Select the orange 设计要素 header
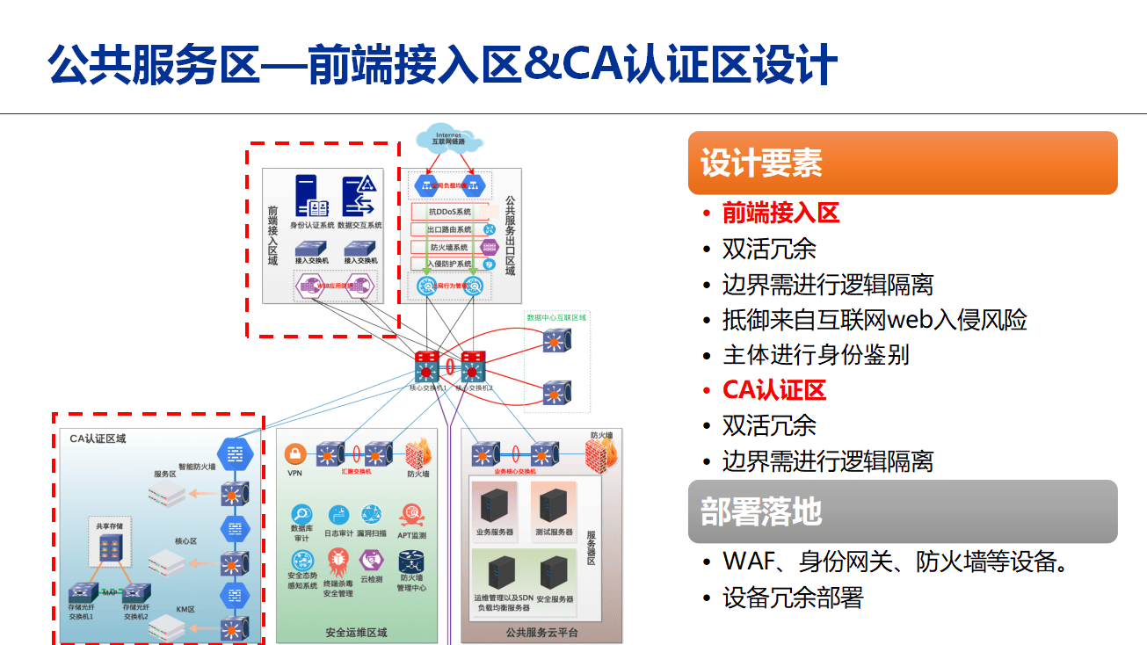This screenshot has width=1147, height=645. pos(902,163)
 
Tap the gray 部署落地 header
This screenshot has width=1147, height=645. pos(902,511)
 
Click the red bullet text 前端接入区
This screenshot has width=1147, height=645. pos(780,213)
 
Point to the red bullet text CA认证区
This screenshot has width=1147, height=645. pos(774,390)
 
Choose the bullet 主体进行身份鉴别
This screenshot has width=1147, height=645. pos(815,355)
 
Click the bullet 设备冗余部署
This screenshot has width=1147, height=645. pos(793,598)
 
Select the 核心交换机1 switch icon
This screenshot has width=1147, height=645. pos(427,365)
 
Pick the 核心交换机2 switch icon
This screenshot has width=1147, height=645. pos(473,365)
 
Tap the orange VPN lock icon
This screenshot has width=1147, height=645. pos(294,454)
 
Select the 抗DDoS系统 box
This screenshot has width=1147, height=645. pos(450,212)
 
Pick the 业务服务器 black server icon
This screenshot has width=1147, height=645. pos(494,504)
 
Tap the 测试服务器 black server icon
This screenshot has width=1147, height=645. pos(553,504)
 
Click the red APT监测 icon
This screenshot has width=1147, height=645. pos(411,515)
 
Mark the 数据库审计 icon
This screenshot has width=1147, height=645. pos(301,515)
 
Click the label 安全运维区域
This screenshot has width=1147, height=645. pos(356,633)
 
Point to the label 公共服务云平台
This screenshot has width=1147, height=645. pos(541,633)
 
